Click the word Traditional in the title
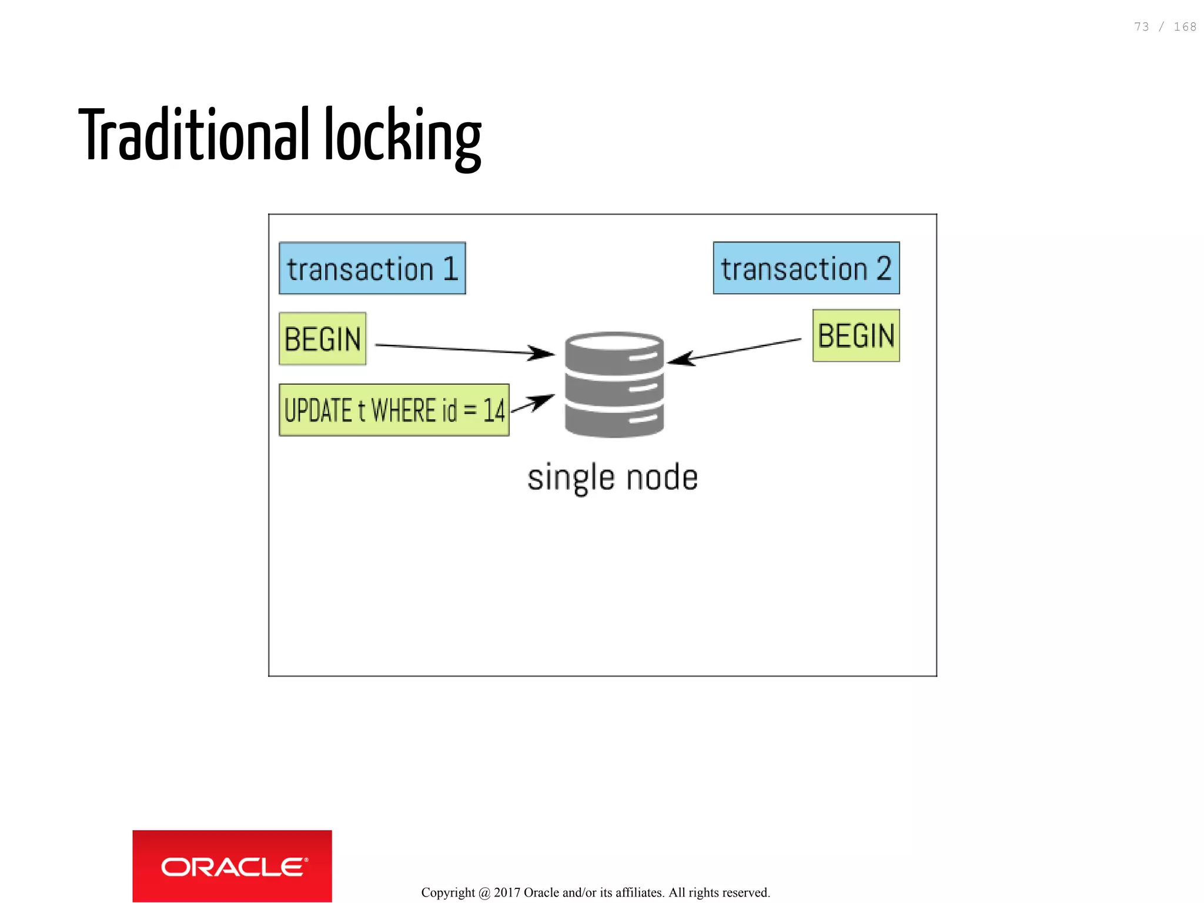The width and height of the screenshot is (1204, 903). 194,135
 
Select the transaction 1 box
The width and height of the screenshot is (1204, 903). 372,268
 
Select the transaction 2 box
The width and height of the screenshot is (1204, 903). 806,268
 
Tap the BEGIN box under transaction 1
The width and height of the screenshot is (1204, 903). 322,339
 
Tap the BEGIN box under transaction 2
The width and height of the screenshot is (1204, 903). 856,336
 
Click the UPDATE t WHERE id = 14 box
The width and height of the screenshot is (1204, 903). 394,410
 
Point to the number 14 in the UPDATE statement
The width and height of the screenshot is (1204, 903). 494,411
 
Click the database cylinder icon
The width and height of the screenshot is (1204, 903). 614,385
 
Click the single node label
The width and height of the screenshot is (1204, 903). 613,477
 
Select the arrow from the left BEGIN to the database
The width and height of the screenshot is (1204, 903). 464,350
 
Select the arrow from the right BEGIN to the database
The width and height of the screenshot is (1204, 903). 735,350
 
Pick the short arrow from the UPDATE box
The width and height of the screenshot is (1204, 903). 533,404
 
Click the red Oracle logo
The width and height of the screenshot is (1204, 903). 232,866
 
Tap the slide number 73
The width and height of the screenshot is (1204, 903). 1141,27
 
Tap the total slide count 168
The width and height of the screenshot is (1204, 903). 1185,27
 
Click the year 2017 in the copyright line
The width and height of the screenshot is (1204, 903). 507,892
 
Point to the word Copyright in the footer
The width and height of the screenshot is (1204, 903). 448,892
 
